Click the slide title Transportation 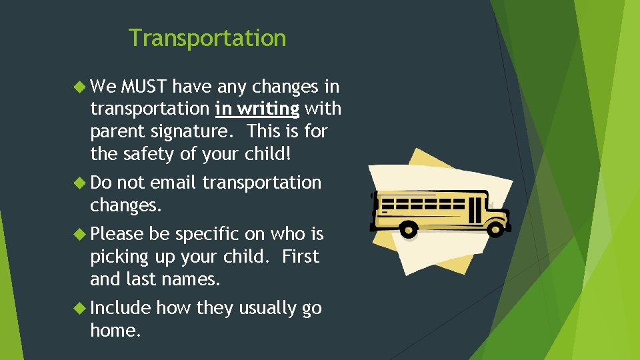[x=207, y=38]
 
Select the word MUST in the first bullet [x=145, y=87]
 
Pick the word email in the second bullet [x=174, y=183]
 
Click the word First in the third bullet [x=301, y=257]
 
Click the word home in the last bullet [x=115, y=331]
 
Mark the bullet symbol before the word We [x=81, y=87]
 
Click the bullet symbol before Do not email [x=81, y=183]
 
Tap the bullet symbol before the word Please [x=81, y=234]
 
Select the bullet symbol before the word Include [x=81, y=308]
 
